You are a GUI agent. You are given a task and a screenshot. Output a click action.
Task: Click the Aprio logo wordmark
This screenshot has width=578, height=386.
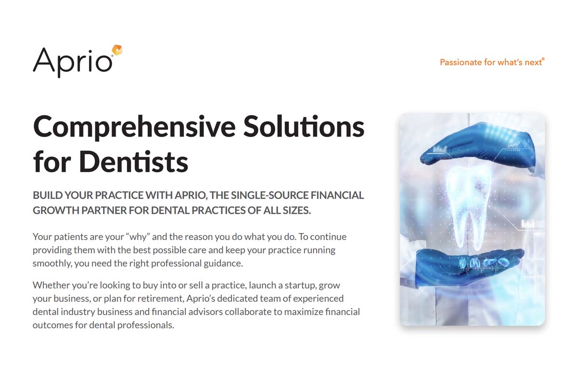coord(72,61)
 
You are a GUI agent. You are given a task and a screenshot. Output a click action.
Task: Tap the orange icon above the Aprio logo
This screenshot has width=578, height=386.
coord(117,50)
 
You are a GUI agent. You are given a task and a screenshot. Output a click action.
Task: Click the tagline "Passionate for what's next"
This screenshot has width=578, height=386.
coord(491,62)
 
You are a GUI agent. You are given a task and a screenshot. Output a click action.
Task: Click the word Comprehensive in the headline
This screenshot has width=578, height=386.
coord(134,127)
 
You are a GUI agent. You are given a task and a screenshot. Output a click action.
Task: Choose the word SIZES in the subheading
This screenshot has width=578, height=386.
coord(293,211)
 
